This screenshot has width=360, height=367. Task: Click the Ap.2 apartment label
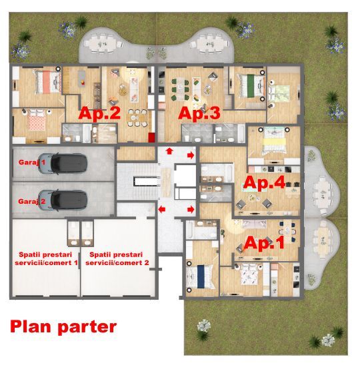pos(99,113)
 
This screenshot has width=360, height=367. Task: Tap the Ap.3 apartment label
pos(199,113)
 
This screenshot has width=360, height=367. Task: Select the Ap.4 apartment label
pos(264,183)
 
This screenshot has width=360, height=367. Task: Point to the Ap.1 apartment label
pos(264,242)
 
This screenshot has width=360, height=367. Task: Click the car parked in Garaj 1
pos(63,164)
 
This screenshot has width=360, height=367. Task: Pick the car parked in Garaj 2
pos(63,200)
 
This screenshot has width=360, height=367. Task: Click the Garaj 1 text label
pos(32,163)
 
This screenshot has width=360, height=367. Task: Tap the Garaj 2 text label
pos(32,202)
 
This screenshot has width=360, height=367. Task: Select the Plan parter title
pos(63,327)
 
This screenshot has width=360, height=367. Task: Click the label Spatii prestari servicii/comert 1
pos(46,258)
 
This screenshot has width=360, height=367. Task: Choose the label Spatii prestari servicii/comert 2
pos(117,258)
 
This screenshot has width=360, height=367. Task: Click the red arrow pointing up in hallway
pos(169,151)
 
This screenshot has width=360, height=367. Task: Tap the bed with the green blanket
pos(251,86)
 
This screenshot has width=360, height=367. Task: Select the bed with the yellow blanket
pos(274,143)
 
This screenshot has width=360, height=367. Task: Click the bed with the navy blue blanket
pos(201,276)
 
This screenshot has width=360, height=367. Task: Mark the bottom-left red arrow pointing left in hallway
pos(162,210)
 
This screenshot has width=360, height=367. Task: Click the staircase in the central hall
pos(138,182)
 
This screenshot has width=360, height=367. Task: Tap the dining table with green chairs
pos(181,89)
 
